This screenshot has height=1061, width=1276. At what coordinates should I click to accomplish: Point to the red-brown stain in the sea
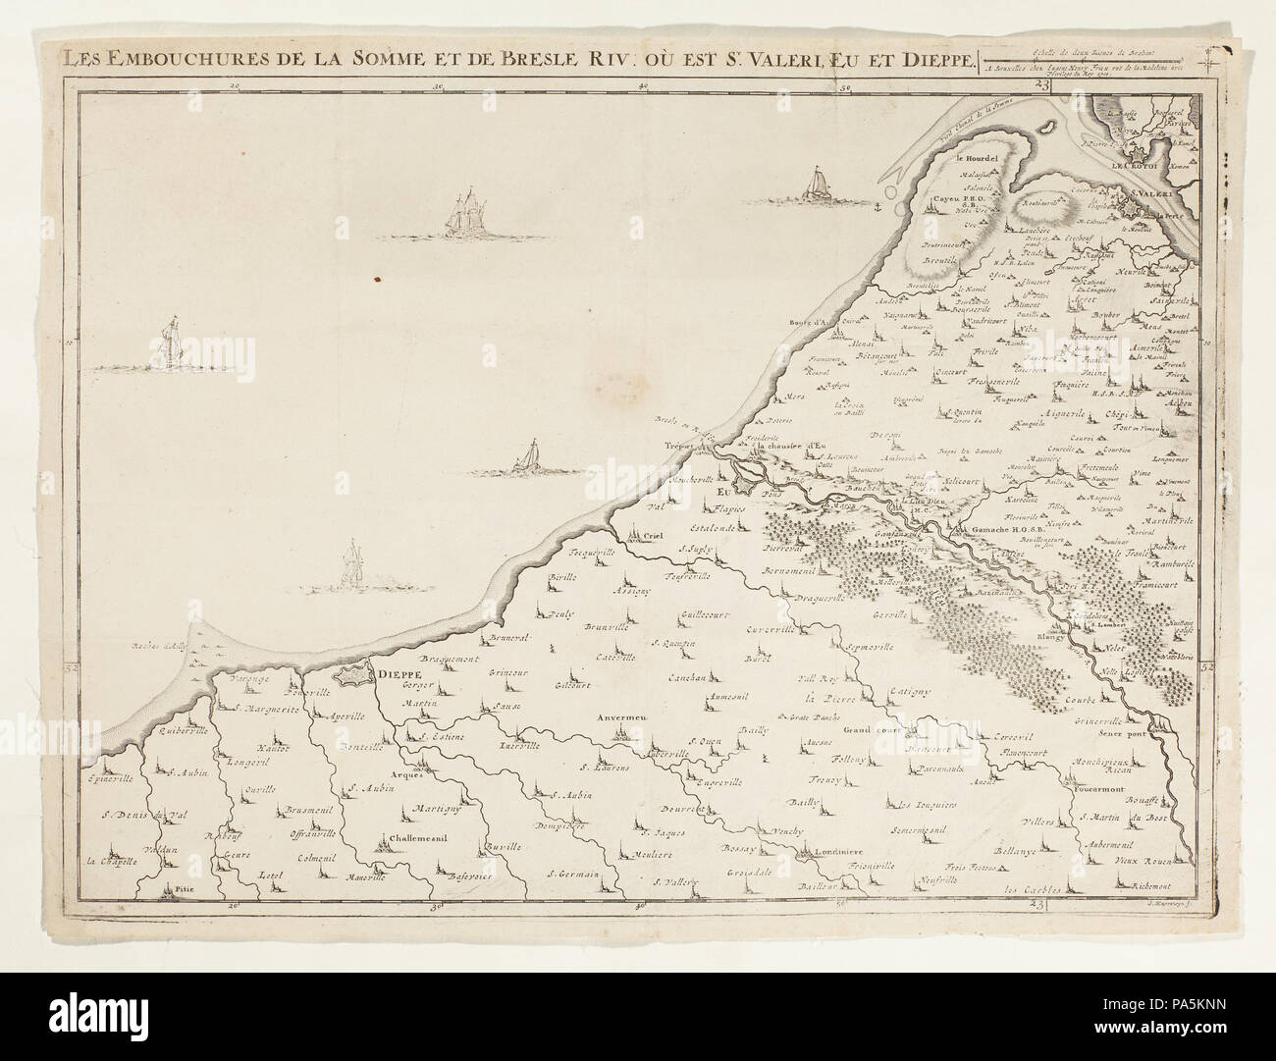pyautogui.click(x=374, y=277)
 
